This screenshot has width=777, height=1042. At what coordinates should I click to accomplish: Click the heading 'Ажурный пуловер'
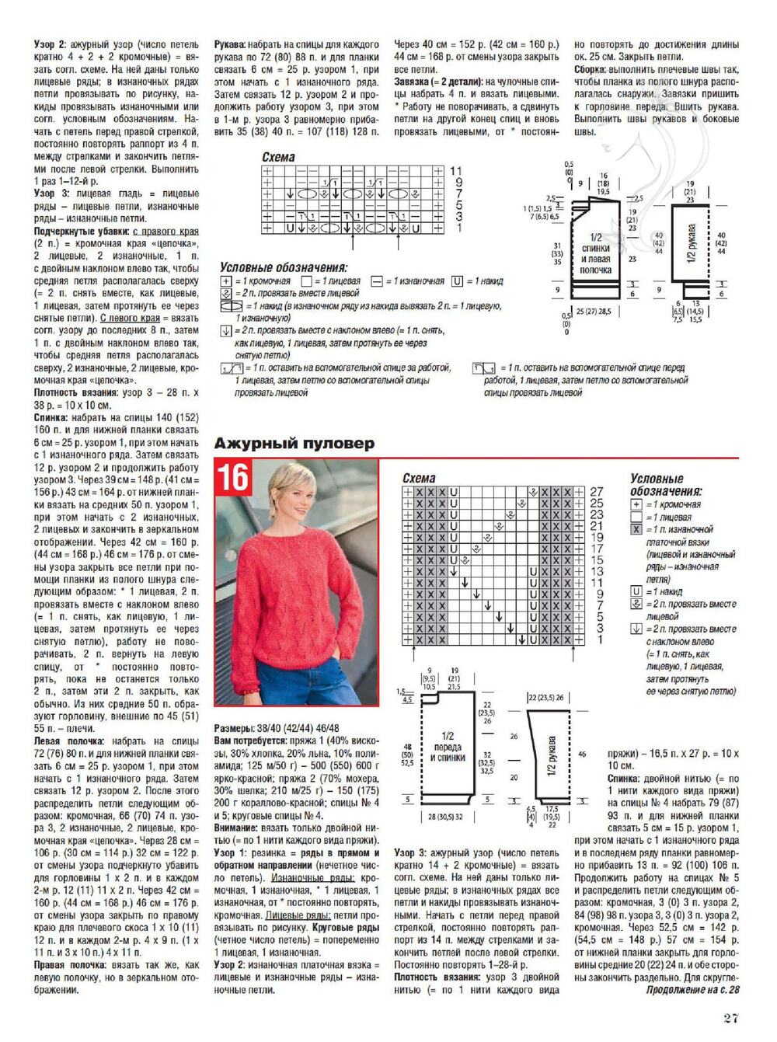point(294,444)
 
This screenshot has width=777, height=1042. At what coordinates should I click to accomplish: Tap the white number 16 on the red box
point(232,477)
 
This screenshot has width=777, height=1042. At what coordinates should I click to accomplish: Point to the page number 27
point(730,1018)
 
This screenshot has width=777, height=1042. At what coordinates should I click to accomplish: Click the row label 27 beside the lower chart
point(596,492)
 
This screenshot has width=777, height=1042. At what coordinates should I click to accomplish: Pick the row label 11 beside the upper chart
point(455,171)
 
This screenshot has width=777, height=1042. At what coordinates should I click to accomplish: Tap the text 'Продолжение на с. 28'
point(692,990)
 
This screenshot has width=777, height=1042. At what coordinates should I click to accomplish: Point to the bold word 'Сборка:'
point(595,69)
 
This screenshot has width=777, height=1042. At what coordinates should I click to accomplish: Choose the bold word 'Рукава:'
point(231,45)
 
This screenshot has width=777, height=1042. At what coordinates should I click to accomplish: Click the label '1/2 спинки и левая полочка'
point(595,253)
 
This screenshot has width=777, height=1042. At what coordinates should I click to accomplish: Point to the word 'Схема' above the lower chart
point(419,479)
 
